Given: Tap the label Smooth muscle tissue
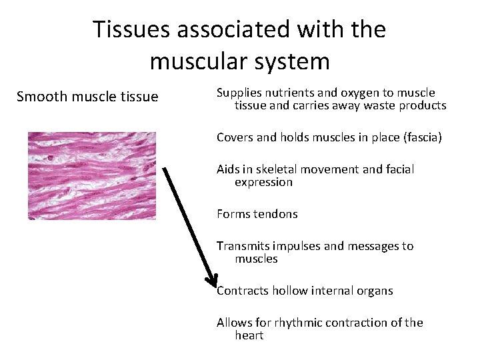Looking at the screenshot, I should pos(87,97).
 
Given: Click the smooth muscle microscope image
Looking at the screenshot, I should pos(91,175).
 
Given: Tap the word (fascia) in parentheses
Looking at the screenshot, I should pos(419,138).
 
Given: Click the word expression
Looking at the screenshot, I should pos(263,182).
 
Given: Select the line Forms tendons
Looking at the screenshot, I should pos(257,214).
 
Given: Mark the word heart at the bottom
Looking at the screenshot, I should pos(249,335).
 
